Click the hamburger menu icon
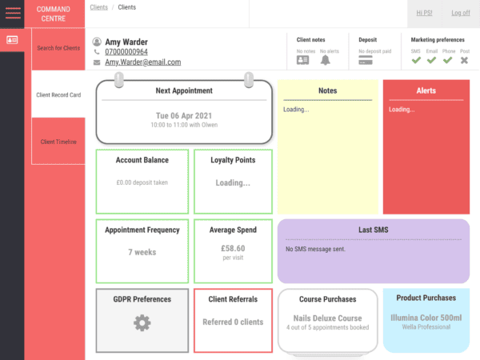[13, 13]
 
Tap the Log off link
[460, 13]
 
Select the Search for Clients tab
[58, 48]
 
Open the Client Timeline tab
[58, 142]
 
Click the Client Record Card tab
[58, 94]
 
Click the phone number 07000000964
[126, 52]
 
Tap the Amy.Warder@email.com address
[142, 62]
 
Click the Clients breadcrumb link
[99, 7]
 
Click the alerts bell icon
[326, 60]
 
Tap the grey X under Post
[464, 60]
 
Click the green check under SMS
[416, 60]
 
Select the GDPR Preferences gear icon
[142, 323]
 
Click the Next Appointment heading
[184, 91]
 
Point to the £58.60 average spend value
[233, 248]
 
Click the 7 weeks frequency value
[142, 252]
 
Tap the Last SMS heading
[374, 230]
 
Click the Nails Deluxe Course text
[328, 318]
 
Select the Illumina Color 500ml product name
[426, 318]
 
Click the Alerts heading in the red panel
[426, 91]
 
